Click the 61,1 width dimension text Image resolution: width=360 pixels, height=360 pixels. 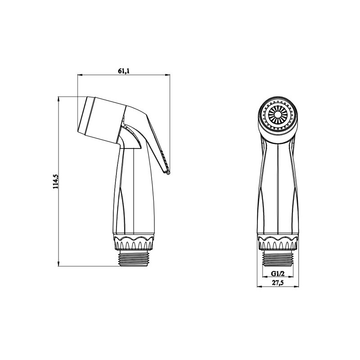click(x=124, y=70)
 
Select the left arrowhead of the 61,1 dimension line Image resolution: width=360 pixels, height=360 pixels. click(x=80, y=75)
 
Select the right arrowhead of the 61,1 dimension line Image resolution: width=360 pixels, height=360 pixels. click(x=167, y=75)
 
